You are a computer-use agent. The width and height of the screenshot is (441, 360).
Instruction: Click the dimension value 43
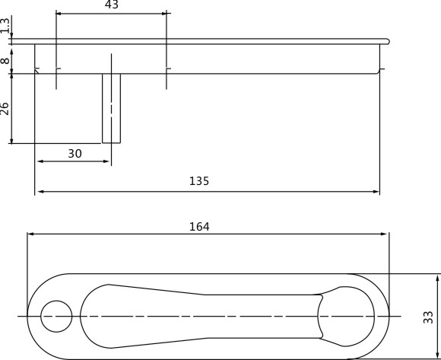coord(112,5)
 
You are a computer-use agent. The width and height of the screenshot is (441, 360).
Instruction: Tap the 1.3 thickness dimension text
coord(5,25)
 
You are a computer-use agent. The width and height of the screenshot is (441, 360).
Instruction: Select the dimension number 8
coord(5,61)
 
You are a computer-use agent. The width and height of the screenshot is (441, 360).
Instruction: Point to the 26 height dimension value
coord(5,108)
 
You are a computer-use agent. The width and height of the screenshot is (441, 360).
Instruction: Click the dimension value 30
coord(75,154)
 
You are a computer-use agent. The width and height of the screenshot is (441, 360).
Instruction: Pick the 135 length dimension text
coord(199,181)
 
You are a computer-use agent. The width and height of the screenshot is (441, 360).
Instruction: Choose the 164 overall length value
coord(199,227)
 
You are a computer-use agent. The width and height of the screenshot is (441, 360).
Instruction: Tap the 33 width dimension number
coord(428,317)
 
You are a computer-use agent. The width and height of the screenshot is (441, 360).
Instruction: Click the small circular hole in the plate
coord(56,317)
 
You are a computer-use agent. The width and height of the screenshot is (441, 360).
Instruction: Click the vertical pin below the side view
coord(111,108)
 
